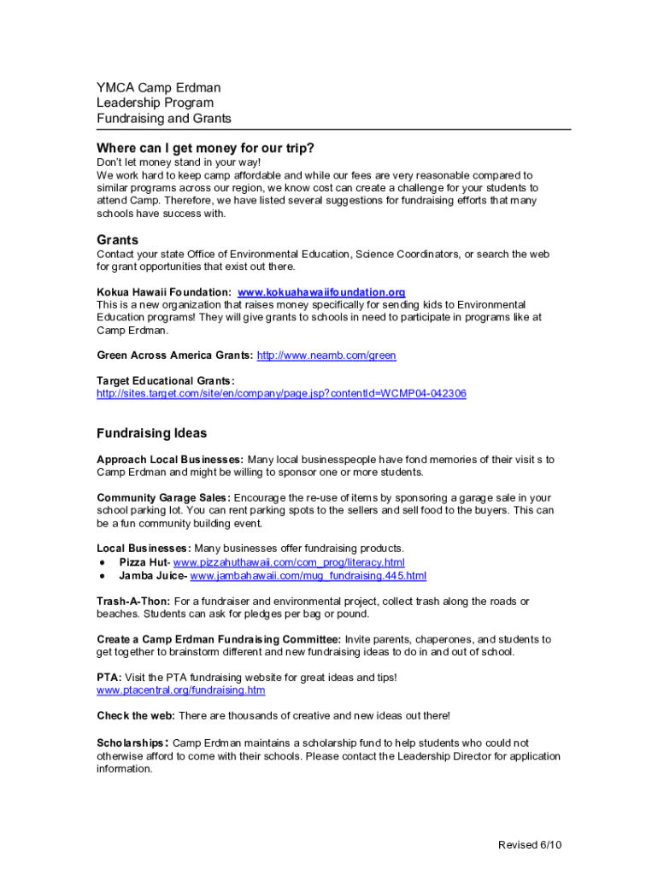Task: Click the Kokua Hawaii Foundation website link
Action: tap(321, 292)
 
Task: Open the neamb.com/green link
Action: tap(326, 355)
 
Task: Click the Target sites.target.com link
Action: tap(281, 393)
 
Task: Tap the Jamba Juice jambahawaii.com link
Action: tap(308, 576)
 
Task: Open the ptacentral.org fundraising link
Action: tap(181, 690)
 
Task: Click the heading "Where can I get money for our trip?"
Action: tap(205, 147)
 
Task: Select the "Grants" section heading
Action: tap(118, 240)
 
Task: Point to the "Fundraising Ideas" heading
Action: tap(152, 433)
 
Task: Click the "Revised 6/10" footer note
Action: tap(530, 845)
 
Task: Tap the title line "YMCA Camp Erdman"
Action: tap(159, 88)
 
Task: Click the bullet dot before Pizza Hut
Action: tap(102, 563)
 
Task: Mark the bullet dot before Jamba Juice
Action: tap(102, 577)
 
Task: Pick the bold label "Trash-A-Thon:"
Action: tap(133, 602)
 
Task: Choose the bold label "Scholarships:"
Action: tap(132, 743)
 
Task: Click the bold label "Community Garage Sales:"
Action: tap(163, 497)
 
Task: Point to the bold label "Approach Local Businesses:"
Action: tap(170, 460)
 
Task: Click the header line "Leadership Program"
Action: tap(156, 103)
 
